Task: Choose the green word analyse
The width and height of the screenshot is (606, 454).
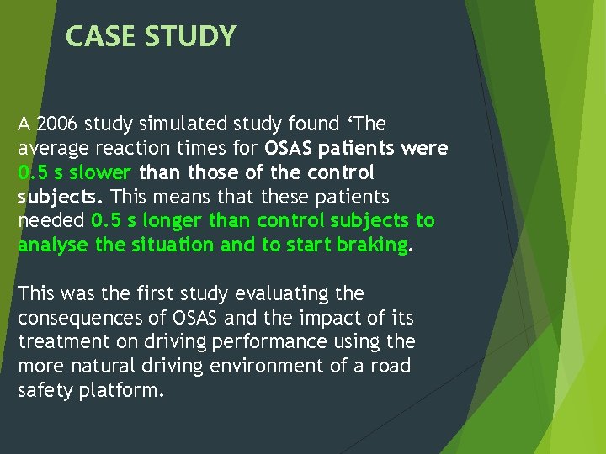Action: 49,245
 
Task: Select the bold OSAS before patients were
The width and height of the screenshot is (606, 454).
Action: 289,149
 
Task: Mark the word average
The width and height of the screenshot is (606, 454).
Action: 50,149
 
